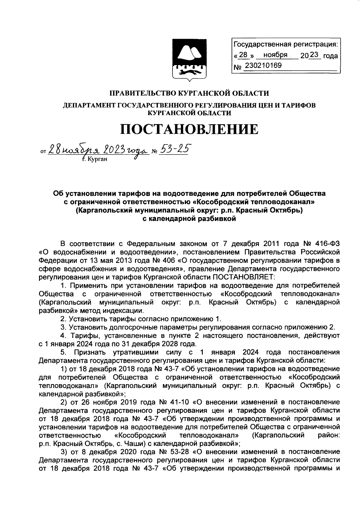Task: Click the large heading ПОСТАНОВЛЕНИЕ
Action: coord(189,129)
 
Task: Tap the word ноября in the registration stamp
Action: coord(275,56)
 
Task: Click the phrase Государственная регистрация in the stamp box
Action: coord(285,45)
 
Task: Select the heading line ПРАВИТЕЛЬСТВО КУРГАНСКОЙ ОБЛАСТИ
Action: coord(189,94)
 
